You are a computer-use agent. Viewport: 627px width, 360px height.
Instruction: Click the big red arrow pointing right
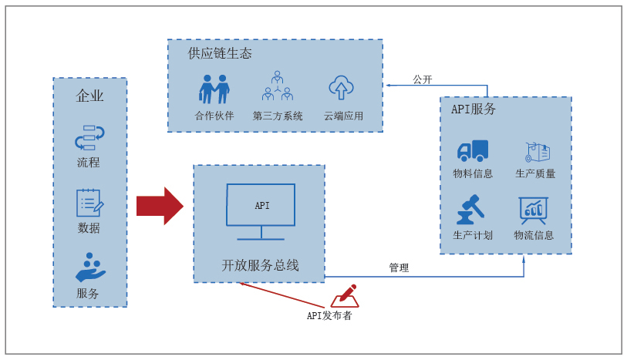160,206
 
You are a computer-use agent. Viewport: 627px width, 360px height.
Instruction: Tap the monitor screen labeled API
261,205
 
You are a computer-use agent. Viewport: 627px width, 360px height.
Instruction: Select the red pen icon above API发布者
345,296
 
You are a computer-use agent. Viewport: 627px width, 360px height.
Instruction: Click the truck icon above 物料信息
473,150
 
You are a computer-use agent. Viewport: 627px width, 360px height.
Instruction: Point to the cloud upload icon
341,88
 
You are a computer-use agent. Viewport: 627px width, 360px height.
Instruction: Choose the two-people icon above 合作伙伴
214,89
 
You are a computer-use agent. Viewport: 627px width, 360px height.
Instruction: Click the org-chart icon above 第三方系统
277,86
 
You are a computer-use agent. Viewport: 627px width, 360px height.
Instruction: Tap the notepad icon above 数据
89,203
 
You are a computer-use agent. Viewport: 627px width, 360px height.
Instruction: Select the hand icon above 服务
90,267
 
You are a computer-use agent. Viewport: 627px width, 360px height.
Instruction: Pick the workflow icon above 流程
89,137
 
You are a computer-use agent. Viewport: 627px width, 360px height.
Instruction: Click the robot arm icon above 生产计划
470,210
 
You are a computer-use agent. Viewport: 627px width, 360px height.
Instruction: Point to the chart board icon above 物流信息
534,210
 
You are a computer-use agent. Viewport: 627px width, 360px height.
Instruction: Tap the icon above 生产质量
538,152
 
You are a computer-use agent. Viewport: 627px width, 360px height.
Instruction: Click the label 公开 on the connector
423,79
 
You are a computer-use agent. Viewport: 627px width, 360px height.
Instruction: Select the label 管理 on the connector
399,267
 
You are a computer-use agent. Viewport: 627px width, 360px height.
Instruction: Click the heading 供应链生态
220,53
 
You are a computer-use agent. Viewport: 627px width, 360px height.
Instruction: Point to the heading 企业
90,96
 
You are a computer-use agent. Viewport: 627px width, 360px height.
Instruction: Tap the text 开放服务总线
261,265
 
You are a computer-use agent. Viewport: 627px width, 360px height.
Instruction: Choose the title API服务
474,109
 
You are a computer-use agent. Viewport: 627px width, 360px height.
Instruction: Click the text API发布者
329,315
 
